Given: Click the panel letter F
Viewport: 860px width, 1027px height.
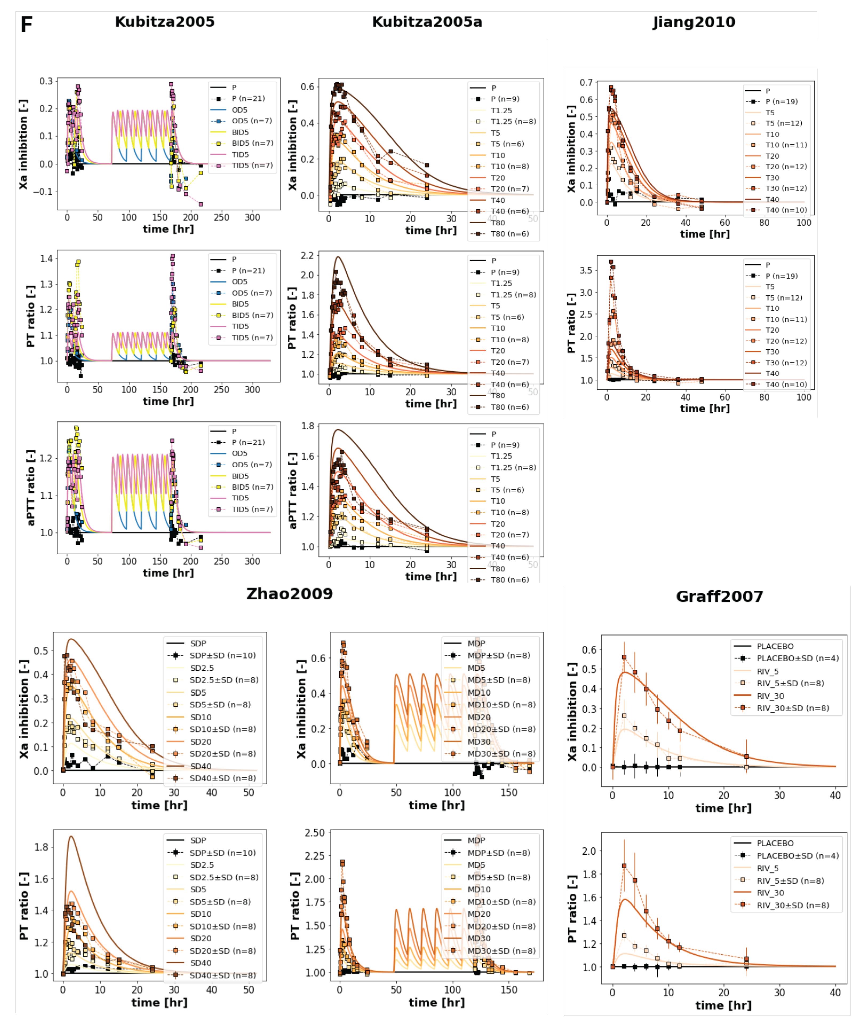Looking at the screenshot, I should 26,25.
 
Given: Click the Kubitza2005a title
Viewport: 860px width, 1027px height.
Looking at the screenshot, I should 427,22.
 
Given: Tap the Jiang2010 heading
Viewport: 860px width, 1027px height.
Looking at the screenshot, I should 694,22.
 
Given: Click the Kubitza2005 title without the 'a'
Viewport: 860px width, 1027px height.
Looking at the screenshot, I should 165,22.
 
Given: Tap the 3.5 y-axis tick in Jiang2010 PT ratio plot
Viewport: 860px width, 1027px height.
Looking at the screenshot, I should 586,271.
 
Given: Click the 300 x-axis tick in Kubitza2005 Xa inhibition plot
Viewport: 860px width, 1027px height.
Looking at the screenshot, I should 252,218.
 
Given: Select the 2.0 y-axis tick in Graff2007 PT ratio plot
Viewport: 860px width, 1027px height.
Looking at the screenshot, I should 589,851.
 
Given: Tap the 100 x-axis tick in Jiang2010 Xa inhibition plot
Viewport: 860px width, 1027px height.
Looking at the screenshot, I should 804,222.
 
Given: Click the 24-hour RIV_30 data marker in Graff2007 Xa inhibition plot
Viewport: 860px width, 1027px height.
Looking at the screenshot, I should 746,756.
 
